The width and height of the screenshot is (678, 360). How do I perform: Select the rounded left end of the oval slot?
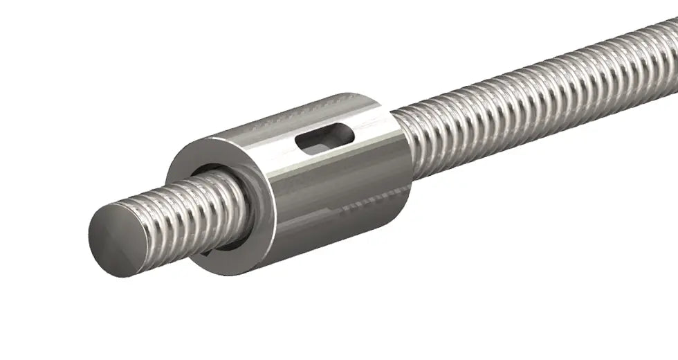click(302, 143)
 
